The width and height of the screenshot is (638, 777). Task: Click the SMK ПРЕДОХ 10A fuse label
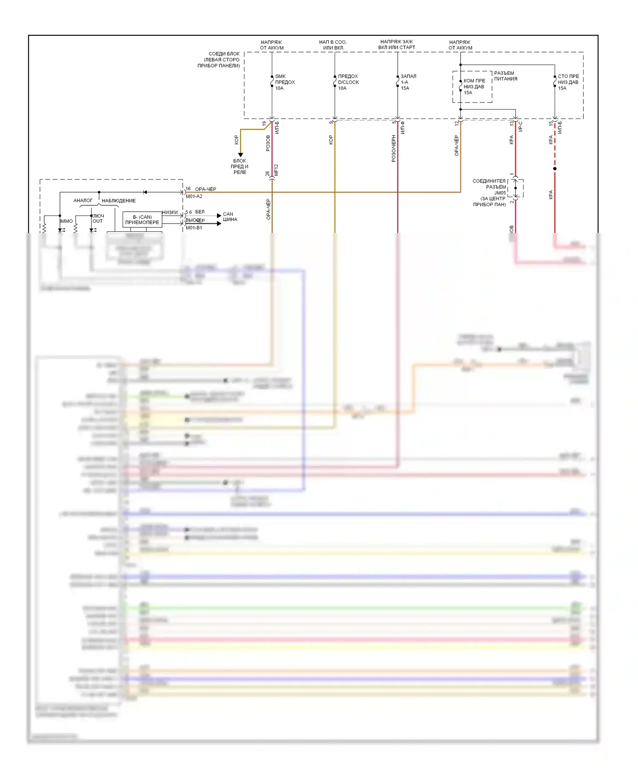point(285,82)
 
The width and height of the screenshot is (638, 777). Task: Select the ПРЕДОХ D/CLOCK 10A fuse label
point(348,82)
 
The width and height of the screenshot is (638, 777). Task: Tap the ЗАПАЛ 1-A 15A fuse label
point(408,82)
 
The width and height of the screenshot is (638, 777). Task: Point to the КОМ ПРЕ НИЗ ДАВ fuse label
point(474,86)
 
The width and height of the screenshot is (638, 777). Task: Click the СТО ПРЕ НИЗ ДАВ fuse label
point(568,82)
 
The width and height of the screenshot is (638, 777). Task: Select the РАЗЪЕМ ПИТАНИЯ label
point(505,76)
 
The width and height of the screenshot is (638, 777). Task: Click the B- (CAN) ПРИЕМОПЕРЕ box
point(142,219)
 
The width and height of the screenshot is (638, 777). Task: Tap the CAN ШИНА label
point(230,217)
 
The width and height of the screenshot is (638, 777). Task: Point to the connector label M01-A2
point(194,196)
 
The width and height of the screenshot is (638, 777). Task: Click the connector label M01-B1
point(194,228)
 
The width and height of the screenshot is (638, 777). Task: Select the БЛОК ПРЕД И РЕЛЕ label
point(240,166)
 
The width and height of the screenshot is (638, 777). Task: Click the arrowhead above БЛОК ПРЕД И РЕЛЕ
point(240,155)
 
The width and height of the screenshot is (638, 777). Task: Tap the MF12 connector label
point(276,170)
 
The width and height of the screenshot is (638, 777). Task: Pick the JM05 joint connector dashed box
point(516,188)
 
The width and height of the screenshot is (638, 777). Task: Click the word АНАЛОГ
point(83,200)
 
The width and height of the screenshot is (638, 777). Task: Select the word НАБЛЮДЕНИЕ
point(119,201)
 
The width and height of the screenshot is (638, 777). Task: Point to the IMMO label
point(66,221)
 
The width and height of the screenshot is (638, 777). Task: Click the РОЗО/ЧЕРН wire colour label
point(393,148)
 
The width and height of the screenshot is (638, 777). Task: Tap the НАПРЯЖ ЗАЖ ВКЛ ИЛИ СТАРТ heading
point(396,45)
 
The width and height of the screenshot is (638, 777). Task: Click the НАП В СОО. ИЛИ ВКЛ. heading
point(333,45)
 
